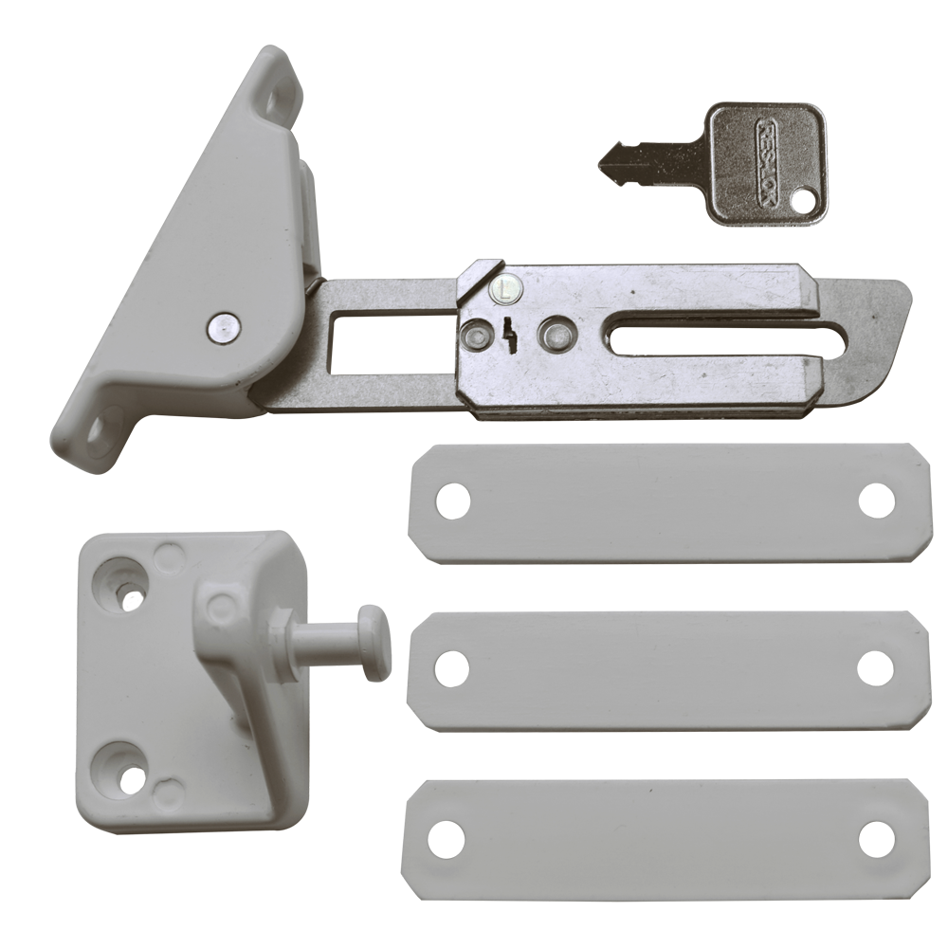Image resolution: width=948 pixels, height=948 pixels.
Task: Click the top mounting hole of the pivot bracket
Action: click(278, 97)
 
